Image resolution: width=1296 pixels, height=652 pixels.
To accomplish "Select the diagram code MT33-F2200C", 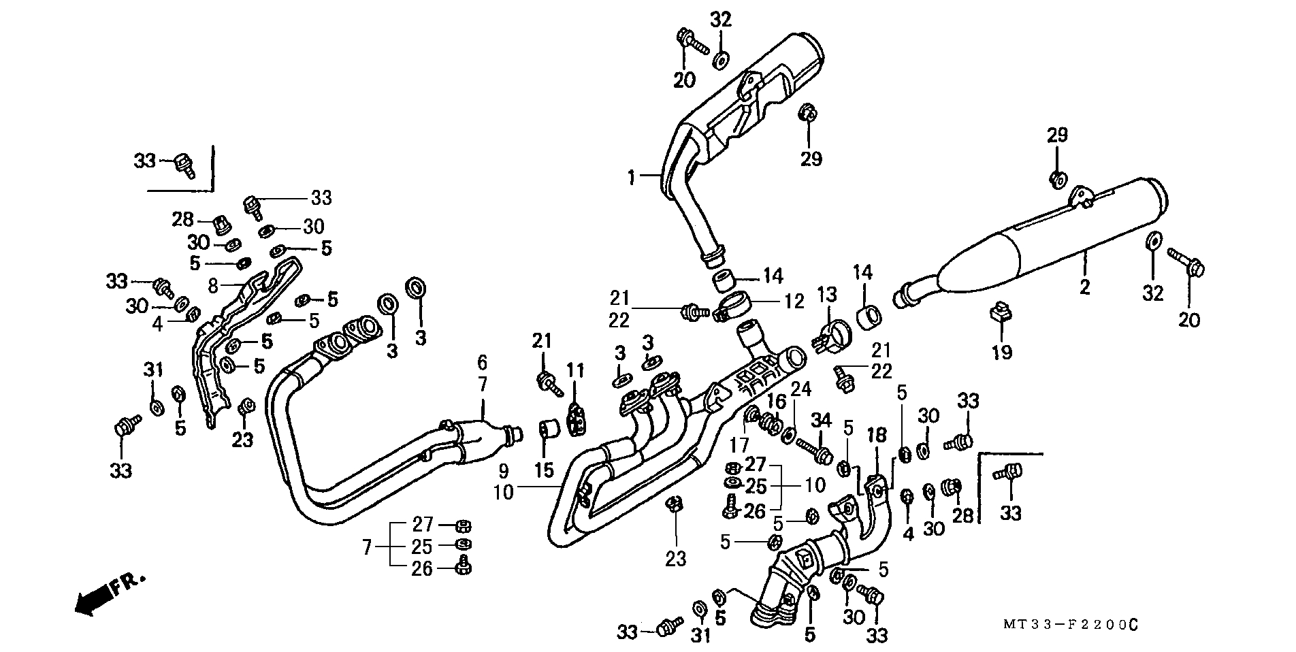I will (1069, 624).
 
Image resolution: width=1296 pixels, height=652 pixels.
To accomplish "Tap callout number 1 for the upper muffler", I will (630, 178).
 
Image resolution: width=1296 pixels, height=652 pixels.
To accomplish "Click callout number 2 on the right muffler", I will (1084, 287).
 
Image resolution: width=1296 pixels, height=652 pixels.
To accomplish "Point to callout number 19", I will (1001, 352).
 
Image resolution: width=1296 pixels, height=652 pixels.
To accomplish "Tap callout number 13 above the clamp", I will (826, 295).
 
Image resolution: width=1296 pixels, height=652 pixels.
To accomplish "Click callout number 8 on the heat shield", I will (213, 286).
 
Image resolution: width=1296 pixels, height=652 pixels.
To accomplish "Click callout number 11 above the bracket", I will (576, 372).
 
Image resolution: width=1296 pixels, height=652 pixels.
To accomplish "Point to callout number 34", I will (821, 421).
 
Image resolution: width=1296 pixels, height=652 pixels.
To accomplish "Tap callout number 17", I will (739, 445).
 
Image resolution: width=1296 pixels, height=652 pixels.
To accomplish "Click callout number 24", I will (801, 389).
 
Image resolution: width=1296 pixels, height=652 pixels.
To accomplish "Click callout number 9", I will (503, 470).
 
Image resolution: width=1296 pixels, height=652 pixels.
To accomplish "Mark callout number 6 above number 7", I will (482, 362).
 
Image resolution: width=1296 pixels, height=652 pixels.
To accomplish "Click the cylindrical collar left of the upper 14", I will (723, 282).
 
